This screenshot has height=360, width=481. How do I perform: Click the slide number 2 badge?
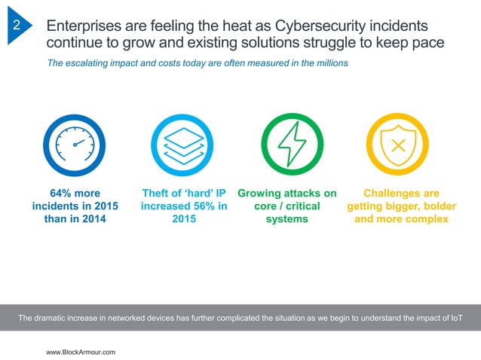[x=17, y=26]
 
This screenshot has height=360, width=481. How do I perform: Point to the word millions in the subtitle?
[x=329, y=63]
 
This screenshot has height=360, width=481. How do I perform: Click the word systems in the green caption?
[x=286, y=219]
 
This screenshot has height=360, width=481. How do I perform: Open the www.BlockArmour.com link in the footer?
[x=81, y=352]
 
